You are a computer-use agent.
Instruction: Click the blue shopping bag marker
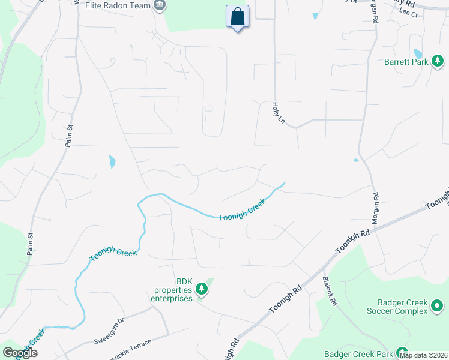click(x=237, y=17)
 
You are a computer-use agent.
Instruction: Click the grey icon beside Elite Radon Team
click(x=160, y=6)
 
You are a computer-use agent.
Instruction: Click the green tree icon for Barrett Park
click(x=438, y=61)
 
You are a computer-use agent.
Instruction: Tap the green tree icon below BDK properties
click(x=202, y=290)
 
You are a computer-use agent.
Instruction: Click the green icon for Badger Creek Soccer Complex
click(x=437, y=307)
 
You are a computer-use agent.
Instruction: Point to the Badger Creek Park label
click(x=358, y=354)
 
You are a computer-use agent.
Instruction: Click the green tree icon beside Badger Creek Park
click(x=401, y=353)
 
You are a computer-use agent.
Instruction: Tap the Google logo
click(x=19, y=353)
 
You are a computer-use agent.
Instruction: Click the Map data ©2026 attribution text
click(x=423, y=356)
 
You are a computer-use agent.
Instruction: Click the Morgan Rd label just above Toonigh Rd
click(x=375, y=208)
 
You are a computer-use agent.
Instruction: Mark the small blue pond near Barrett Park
click(x=418, y=55)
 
